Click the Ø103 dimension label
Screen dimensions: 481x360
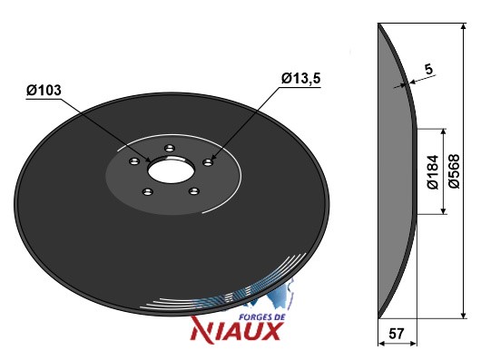click(44, 91)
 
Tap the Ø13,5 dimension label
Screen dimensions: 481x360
click(301, 78)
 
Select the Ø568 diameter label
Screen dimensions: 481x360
click(455, 171)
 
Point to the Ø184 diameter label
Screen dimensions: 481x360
click(433, 172)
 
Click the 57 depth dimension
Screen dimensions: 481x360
click(397, 334)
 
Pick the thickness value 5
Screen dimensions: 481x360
click(429, 69)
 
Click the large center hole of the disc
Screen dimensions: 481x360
click(171, 170)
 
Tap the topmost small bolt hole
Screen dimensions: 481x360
click(170, 149)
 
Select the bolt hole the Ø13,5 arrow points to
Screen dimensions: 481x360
click(209, 162)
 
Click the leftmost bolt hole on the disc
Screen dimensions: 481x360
click(134, 161)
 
